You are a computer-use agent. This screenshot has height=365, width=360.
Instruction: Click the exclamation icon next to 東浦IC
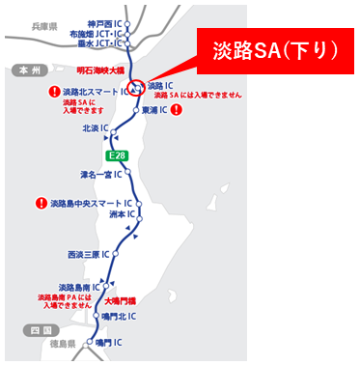[x=177, y=110]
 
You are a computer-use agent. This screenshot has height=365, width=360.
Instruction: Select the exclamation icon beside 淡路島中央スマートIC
[x=41, y=204]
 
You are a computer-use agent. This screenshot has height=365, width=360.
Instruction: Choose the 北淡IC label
[x=96, y=126]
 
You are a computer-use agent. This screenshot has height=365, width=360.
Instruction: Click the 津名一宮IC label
[x=100, y=175]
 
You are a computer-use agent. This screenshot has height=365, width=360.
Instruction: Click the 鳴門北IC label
[x=121, y=317]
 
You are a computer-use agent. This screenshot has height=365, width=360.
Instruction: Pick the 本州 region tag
[x=22, y=70]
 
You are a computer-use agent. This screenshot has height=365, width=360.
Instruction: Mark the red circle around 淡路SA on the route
[x=136, y=86]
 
